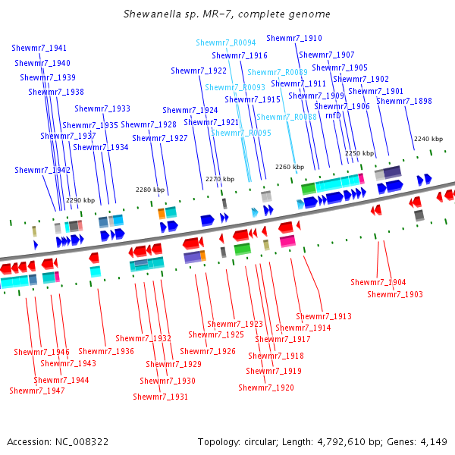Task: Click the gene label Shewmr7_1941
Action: (x=39, y=48)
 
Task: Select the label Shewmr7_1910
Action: (x=294, y=38)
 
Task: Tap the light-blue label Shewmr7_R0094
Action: (x=226, y=42)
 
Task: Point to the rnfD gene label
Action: (x=333, y=115)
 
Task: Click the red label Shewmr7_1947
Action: (x=37, y=391)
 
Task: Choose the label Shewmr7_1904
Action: (x=378, y=282)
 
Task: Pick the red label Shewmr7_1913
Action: (x=324, y=316)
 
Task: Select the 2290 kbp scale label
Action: (x=80, y=200)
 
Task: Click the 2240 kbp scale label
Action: (x=428, y=139)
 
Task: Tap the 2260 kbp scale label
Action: (x=290, y=167)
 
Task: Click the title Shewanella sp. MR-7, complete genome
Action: (x=227, y=14)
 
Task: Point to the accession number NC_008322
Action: (x=82, y=441)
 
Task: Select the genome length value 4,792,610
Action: (x=341, y=441)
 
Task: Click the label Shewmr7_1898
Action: (x=404, y=101)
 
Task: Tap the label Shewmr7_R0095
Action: (x=241, y=133)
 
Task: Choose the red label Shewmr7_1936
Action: (x=106, y=351)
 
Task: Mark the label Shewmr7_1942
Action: (x=42, y=170)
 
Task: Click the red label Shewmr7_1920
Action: (x=266, y=388)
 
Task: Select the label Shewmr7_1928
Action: (x=149, y=124)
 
